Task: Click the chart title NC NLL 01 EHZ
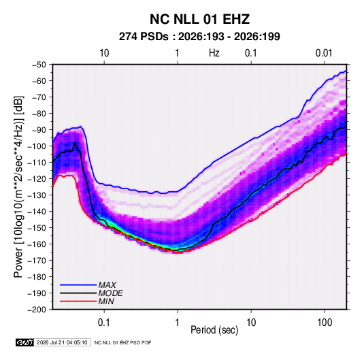199,19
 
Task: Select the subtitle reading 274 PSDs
144,37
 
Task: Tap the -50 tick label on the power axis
39,65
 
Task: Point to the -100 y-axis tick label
37,146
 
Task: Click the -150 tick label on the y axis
37,228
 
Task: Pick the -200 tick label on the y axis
37,310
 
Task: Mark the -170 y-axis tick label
37,261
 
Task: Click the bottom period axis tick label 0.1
104,323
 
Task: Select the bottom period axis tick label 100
325,323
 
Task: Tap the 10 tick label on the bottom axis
251,323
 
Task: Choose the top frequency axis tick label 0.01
324,53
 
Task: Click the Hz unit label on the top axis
214,53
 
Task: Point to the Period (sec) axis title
214,330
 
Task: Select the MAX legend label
107,285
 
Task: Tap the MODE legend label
110,293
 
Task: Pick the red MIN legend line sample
78,301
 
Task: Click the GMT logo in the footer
24,342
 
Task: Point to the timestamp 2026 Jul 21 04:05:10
62,342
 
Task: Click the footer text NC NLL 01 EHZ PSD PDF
122,342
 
